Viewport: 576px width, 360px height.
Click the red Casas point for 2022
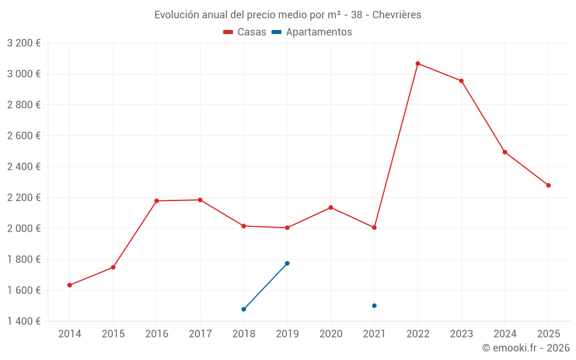(x=418, y=63)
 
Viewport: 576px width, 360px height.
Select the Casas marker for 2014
(x=70, y=285)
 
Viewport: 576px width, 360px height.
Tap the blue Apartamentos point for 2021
(x=374, y=306)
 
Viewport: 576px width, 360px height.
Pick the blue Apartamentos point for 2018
(x=244, y=309)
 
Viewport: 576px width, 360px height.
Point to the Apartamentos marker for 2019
(x=287, y=263)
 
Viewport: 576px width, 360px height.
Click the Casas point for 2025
(x=548, y=185)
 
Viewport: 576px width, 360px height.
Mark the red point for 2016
(x=157, y=201)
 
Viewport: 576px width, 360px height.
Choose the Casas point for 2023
(x=461, y=81)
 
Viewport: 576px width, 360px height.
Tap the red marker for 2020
(x=331, y=207)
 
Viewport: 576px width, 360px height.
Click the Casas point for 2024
(x=505, y=152)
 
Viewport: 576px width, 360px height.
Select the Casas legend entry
(x=245, y=32)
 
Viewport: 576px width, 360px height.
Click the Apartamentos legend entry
(x=312, y=32)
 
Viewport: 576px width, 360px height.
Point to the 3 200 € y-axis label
(x=24, y=43)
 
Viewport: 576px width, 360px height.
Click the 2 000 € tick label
(x=24, y=229)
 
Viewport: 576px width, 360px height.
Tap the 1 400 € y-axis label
(x=24, y=321)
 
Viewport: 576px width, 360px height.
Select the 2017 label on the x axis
(x=200, y=334)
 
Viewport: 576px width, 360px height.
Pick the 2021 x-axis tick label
(x=374, y=334)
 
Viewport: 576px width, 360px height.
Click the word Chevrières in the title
(x=397, y=15)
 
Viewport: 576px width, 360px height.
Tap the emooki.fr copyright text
(x=526, y=348)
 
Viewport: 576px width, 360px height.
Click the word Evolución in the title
(x=176, y=15)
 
